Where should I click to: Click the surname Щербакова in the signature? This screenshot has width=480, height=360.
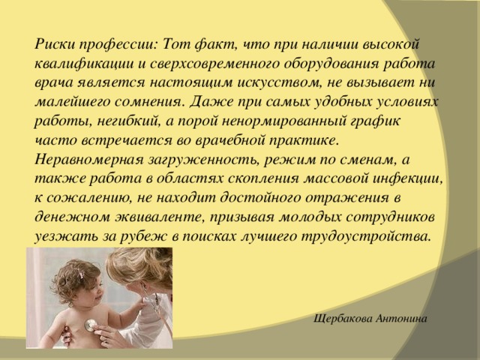click(347, 319)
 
